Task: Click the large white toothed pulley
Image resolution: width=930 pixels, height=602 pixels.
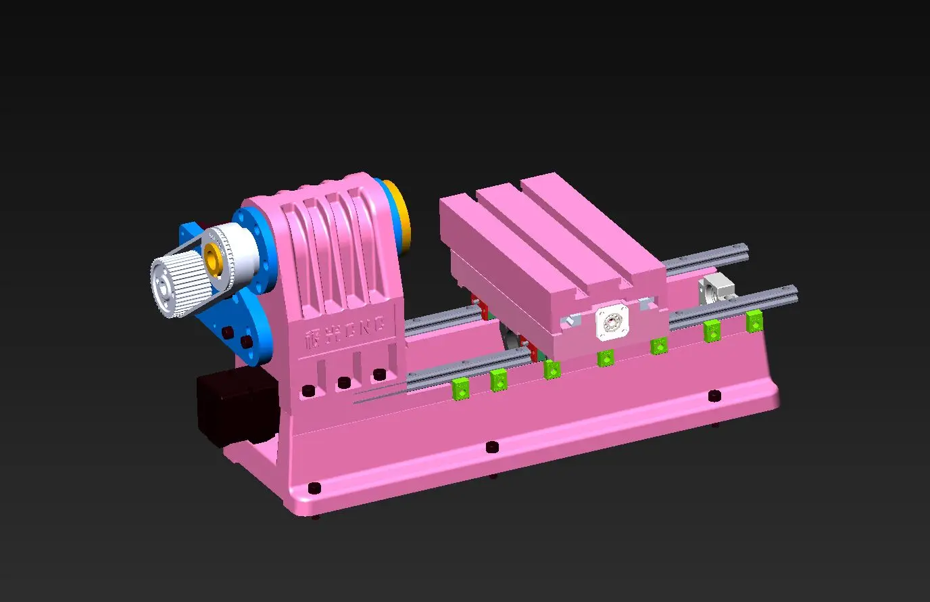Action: click(174, 285)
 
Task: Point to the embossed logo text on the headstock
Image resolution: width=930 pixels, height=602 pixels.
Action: click(345, 331)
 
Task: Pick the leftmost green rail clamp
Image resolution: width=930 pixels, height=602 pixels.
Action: click(460, 388)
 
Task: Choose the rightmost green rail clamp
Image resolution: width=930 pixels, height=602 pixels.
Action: click(754, 321)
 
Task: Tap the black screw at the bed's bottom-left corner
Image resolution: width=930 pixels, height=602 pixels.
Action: click(314, 488)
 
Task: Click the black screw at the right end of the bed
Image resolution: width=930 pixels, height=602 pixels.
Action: click(714, 395)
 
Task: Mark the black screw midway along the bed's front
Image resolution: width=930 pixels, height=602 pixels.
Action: click(492, 447)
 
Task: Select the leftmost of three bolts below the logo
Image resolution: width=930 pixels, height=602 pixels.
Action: click(308, 391)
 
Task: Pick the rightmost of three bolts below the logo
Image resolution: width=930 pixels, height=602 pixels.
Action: click(379, 374)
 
